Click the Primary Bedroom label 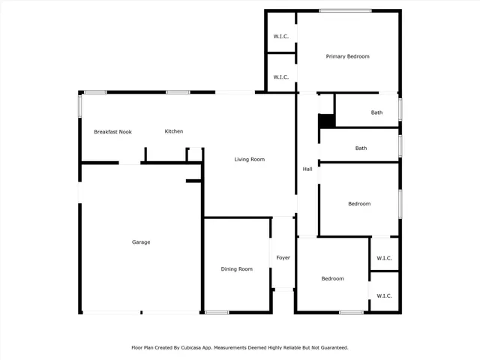click(x=347, y=56)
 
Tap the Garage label click(x=141, y=242)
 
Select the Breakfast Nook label click(x=112, y=132)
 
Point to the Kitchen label click(x=174, y=131)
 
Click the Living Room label click(x=250, y=159)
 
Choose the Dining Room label click(x=236, y=269)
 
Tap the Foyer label click(x=283, y=258)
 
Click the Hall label click(x=307, y=169)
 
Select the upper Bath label click(x=376, y=113)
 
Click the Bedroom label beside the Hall click(x=359, y=204)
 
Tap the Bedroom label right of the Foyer click(x=332, y=279)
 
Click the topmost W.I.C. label click(x=281, y=37)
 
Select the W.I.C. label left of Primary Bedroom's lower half click(x=281, y=77)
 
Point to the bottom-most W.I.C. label click(x=383, y=296)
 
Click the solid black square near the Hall click(x=326, y=121)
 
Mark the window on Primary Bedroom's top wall click(x=345, y=10)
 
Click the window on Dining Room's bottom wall click(x=217, y=312)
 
